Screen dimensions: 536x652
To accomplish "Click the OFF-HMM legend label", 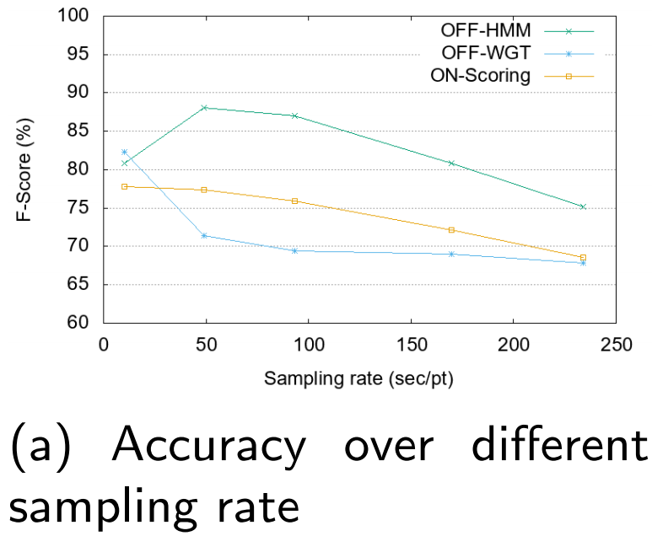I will tap(485, 30).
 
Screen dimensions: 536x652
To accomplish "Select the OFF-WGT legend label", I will tap(486, 53).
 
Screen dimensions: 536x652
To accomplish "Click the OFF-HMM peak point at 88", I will tap(204, 108).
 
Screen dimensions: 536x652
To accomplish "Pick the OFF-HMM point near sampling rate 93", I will tap(294, 115).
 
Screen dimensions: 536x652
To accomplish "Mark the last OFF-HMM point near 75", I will tap(583, 206).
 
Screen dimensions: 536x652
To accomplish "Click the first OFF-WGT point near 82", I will tap(125, 153).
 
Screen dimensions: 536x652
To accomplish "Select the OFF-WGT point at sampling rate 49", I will tap(204, 235).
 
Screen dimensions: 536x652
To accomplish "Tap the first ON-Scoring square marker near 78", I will tap(125, 186).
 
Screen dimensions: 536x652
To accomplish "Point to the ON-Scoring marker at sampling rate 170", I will tap(451, 229).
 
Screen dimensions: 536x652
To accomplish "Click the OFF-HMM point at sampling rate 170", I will tap(451, 163).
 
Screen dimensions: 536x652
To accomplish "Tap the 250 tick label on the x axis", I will tap(616, 345).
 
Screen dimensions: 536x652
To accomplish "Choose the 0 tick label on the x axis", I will tap(104, 345).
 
